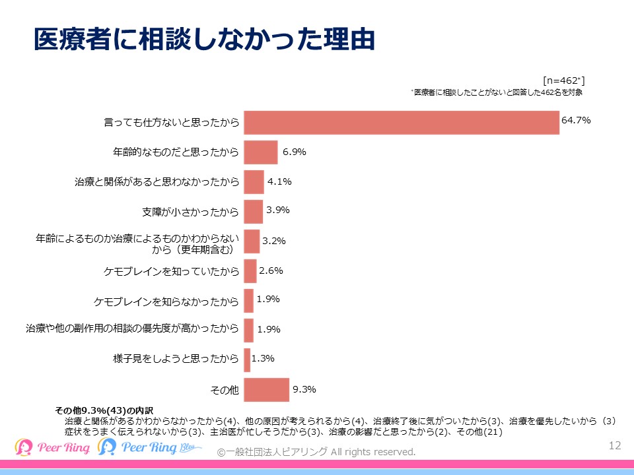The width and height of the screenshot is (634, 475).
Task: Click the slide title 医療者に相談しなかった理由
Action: (x=204, y=40)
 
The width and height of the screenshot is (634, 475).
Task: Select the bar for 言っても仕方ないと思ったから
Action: (x=402, y=123)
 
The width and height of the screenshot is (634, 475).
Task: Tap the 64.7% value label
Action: (x=575, y=121)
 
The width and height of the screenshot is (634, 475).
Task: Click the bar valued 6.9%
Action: (x=260, y=152)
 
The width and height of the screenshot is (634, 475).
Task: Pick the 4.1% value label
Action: (x=279, y=181)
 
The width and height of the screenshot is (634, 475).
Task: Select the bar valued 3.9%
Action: (x=253, y=212)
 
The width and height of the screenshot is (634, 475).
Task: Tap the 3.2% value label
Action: (x=273, y=241)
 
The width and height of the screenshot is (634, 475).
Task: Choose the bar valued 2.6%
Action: (x=250, y=271)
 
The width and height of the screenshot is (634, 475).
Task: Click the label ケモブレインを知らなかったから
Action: (x=166, y=301)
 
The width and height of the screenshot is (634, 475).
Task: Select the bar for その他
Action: (x=266, y=390)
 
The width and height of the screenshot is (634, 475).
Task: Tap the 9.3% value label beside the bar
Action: (x=304, y=389)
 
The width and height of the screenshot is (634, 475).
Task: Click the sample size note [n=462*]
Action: (x=563, y=80)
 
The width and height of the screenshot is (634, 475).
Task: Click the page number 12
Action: (x=615, y=445)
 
